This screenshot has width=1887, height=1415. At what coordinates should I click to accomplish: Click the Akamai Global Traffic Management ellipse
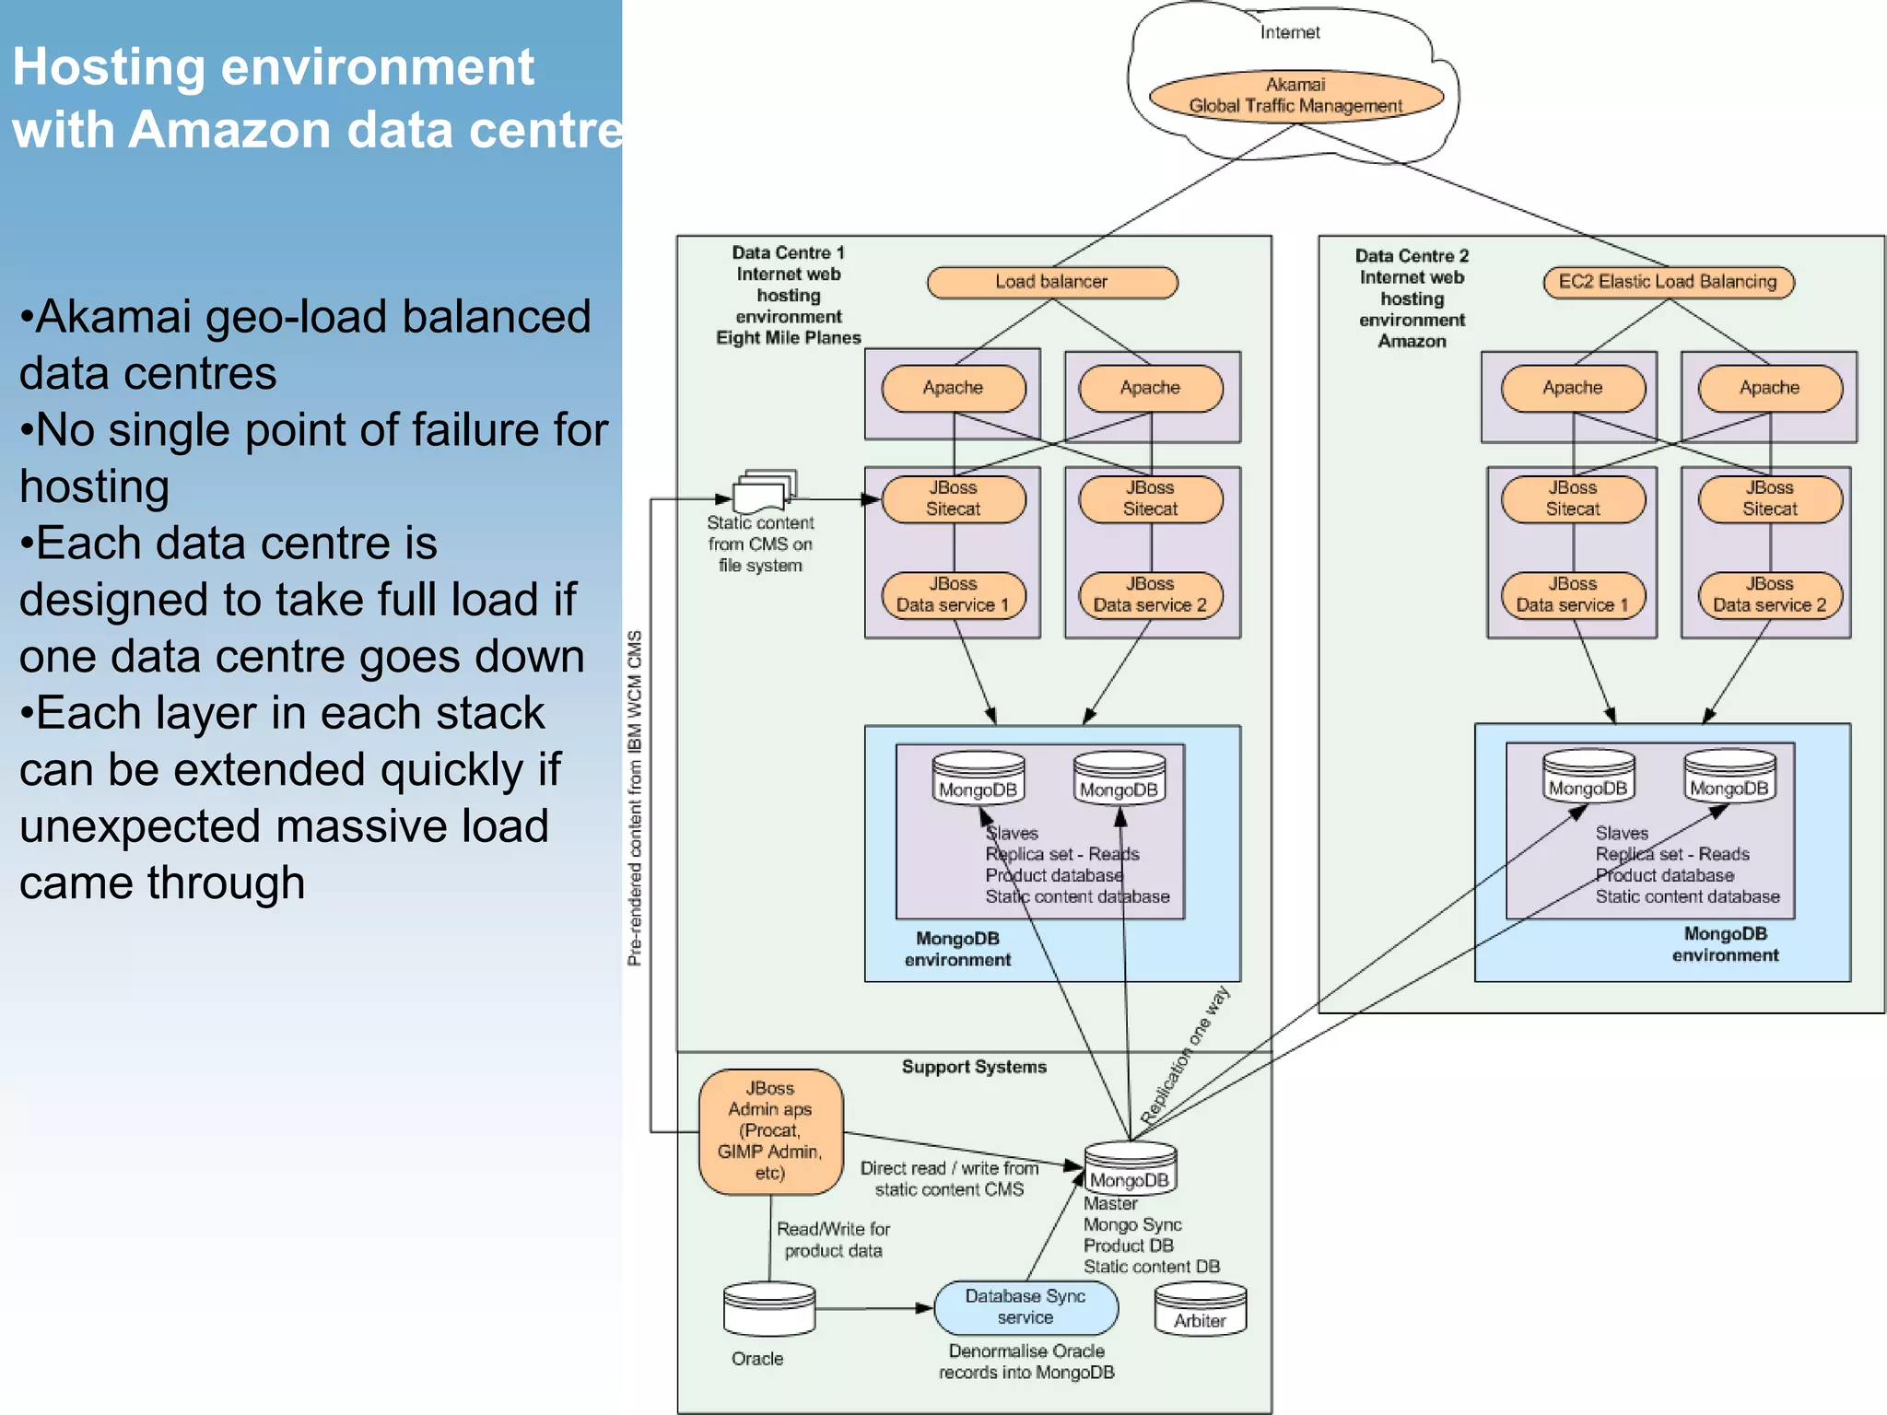[x=1295, y=96]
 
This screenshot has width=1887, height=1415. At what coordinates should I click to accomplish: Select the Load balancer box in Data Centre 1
[x=1051, y=282]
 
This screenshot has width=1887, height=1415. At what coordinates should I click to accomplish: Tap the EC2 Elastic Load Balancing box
[x=1668, y=282]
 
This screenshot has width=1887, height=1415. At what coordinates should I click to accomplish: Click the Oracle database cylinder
[x=769, y=1309]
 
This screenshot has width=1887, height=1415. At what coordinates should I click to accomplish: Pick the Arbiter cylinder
[x=1200, y=1311]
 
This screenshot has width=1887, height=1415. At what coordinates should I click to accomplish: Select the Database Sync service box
[x=1026, y=1307]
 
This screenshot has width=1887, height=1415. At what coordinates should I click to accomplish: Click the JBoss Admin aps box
[x=770, y=1131]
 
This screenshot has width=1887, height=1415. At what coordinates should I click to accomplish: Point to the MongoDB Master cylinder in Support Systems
[x=1130, y=1169]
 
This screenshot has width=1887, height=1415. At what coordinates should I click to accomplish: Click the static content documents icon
[x=764, y=492]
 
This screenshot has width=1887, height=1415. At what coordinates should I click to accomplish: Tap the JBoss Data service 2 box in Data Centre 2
[x=1769, y=595]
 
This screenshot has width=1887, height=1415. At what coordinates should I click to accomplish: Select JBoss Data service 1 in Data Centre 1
[x=953, y=595]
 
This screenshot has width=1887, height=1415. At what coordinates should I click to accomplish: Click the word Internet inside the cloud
[x=1290, y=33]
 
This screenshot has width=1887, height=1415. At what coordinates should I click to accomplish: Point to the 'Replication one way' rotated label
[x=1185, y=1056]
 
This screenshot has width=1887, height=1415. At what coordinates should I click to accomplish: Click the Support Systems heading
[x=974, y=1067]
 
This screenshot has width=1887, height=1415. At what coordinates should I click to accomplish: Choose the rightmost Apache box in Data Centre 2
[x=1769, y=388]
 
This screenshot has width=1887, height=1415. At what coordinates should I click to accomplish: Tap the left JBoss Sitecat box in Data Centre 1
[x=953, y=498]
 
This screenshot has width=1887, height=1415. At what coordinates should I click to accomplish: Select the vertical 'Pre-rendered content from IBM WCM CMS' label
[x=635, y=798]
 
